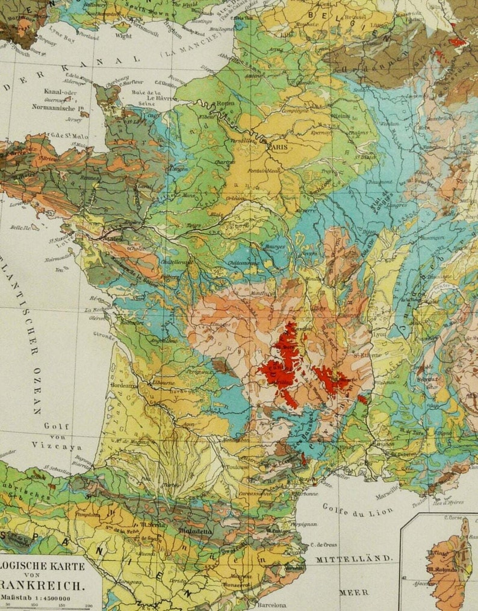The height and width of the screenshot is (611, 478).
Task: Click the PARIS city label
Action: point(278,146)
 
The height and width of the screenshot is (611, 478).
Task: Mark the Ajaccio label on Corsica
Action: point(427,583)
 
